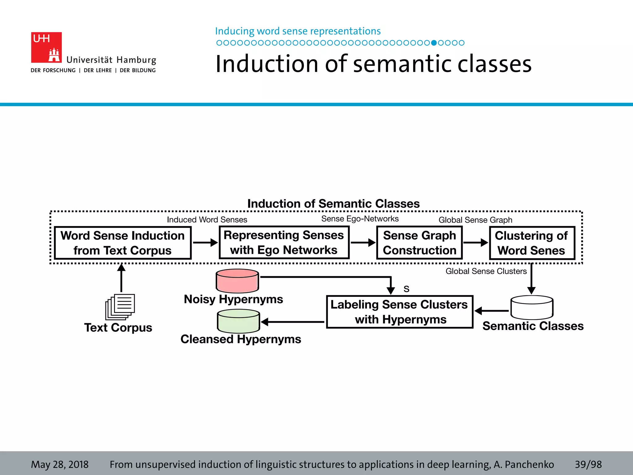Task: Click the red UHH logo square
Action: (x=46, y=47)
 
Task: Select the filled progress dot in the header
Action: (x=434, y=43)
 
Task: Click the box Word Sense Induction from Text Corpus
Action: (x=123, y=243)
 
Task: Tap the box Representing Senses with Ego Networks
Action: (x=284, y=242)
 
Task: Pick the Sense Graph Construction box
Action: (x=419, y=243)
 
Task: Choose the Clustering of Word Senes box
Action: (x=532, y=243)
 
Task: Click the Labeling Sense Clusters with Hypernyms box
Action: (x=400, y=312)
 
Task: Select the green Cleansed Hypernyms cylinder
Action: (x=238, y=321)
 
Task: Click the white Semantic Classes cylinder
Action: (x=532, y=307)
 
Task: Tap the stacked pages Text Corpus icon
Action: (x=120, y=307)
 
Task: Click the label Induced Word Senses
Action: (x=207, y=220)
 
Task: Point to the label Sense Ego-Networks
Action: (x=360, y=219)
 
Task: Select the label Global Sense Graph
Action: (x=475, y=220)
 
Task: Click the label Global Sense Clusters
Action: (x=486, y=271)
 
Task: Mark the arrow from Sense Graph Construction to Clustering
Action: (x=475, y=243)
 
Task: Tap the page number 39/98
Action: (x=588, y=464)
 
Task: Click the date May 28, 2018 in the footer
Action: (x=60, y=464)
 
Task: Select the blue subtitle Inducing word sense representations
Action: (x=298, y=31)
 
